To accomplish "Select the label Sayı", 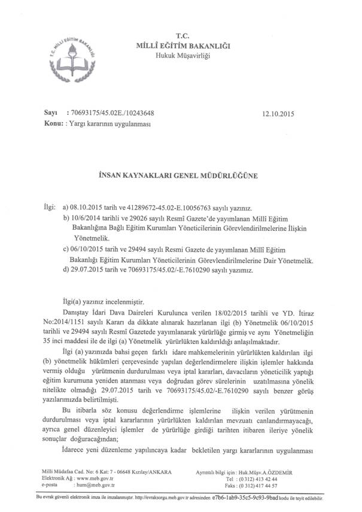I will point(50,112).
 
